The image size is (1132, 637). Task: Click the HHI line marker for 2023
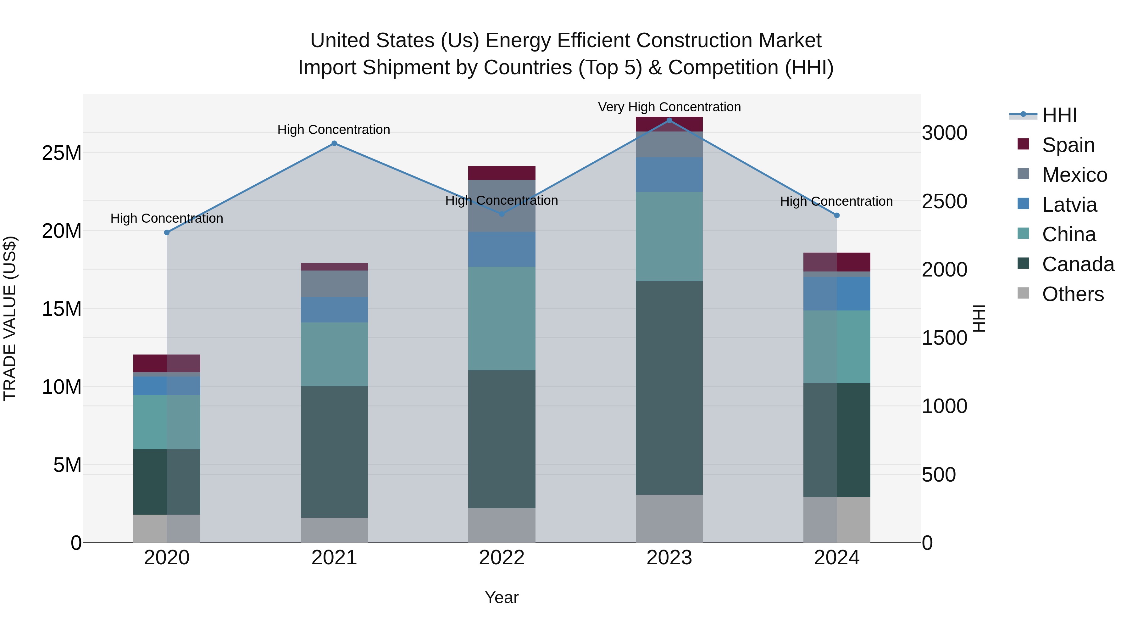(669, 120)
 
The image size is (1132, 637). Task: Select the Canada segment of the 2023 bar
(669, 388)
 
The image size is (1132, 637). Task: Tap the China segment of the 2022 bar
(502, 318)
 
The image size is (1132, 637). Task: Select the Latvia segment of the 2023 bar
(669, 175)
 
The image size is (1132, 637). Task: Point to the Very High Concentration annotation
(669, 107)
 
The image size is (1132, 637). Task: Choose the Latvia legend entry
(1069, 205)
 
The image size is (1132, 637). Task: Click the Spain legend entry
(1068, 145)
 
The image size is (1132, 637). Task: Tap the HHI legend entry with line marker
(1059, 115)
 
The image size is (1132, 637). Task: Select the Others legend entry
(1072, 294)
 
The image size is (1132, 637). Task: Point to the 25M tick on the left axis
(62, 153)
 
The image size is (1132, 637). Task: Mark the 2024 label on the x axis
(837, 558)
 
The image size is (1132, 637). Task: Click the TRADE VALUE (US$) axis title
(10, 318)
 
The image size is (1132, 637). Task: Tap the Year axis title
(502, 597)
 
